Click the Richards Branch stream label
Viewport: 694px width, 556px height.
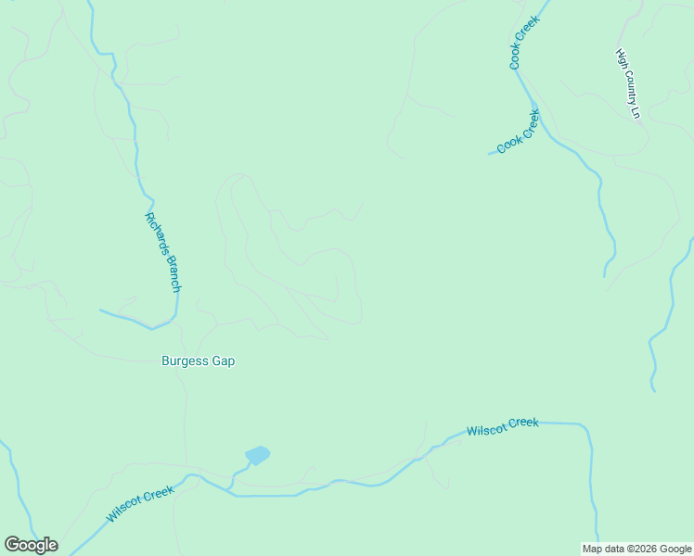pyautogui.click(x=161, y=252)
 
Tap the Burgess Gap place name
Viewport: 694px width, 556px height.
pyautogui.click(x=198, y=361)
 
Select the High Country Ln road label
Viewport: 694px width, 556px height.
pyautogui.click(x=629, y=83)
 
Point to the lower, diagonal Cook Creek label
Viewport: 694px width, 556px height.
pyautogui.click(x=518, y=132)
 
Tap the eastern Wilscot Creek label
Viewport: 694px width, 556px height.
pyautogui.click(x=502, y=427)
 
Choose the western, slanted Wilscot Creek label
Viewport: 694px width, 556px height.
pyautogui.click(x=139, y=504)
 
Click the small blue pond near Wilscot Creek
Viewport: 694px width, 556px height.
pyautogui.click(x=257, y=455)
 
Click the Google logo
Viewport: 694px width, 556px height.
pyautogui.click(x=31, y=545)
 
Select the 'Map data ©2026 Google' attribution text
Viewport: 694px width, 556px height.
pyautogui.click(x=636, y=549)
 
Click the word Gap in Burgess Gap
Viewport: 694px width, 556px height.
pyautogui.click(x=223, y=361)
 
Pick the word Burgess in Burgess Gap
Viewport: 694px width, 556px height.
pyautogui.click(x=185, y=361)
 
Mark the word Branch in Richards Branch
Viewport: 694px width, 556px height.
pyautogui.click(x=170, y=272)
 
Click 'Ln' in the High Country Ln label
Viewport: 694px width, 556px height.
pyautogui.click(x=636, y=111)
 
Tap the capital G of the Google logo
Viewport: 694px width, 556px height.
pyautogui.click(x=11, y=545)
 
